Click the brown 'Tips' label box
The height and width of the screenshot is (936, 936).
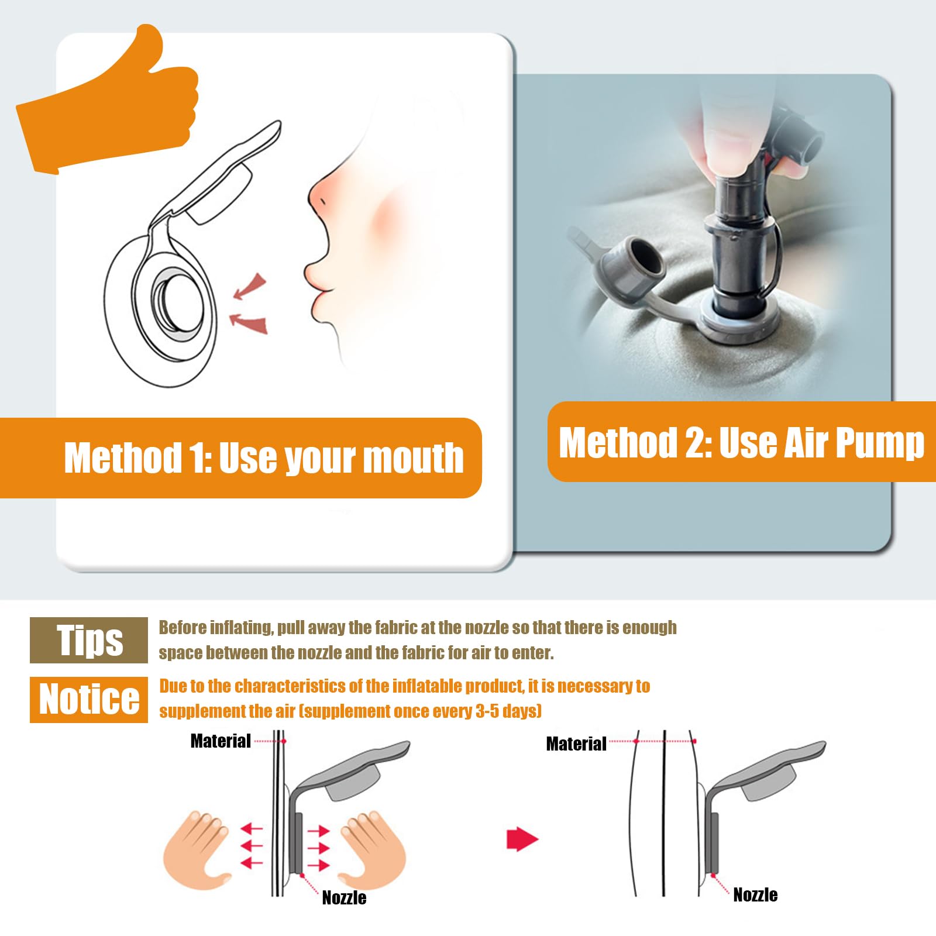click(x=89, y=640)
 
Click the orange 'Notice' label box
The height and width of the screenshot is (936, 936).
click(x=89, y=699)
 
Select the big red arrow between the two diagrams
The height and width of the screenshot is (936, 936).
click(x=522, y=840)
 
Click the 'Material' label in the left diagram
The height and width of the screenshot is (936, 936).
click(x=221, y=741)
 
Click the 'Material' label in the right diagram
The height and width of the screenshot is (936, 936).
click(x=576, y=744)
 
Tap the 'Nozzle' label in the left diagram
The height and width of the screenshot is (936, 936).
click(x=344, y=898)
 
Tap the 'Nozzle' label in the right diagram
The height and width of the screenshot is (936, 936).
click(x=755, y=895)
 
